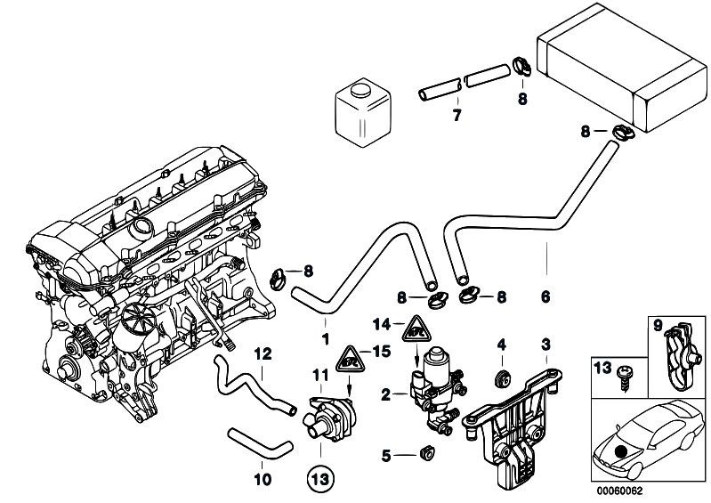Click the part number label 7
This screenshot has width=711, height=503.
point(456,115)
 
